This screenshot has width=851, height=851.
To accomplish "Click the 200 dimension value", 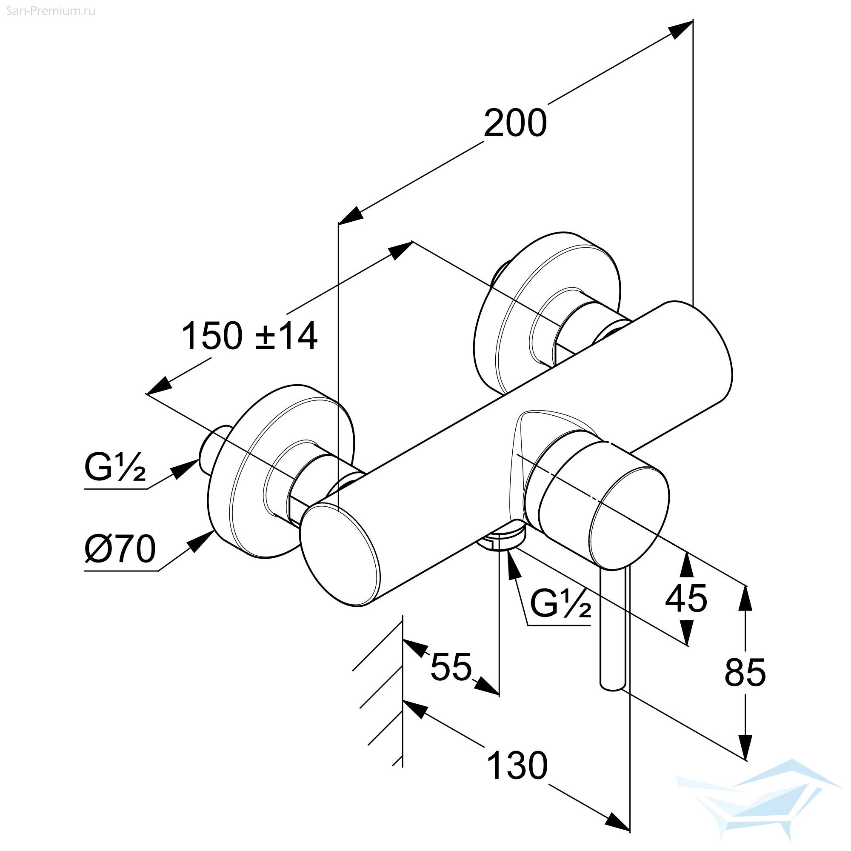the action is click(515, 123).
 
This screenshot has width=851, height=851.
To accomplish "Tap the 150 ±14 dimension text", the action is click(249, 336).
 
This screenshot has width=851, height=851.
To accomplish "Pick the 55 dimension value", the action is click(451, 665).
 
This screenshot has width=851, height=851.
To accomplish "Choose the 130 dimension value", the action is click(518, 765).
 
